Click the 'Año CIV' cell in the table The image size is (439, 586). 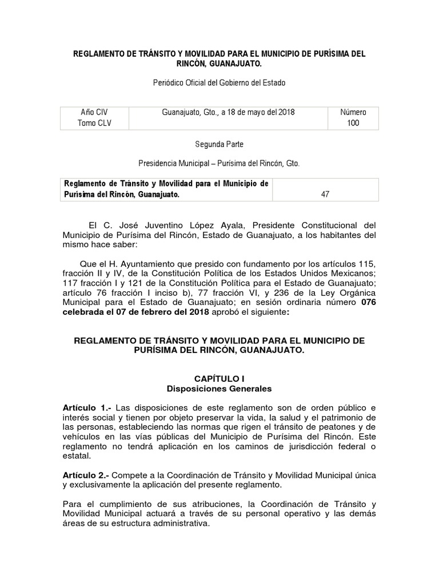[94, 112]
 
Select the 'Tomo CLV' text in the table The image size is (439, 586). [94, 123]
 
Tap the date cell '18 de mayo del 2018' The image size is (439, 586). [228, 112]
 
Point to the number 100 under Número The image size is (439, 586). [353, 123]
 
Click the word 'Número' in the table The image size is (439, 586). [353, 112]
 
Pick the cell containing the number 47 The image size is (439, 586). [325, 195]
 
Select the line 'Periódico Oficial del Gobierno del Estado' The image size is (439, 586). [219, 82]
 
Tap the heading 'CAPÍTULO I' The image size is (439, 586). [219, 378]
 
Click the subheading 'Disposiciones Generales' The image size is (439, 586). [219, 388]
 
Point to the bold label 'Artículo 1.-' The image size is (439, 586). [88, 407]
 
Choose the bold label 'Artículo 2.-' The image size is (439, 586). [88, 475]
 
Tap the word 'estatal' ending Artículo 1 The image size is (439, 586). [77, 456]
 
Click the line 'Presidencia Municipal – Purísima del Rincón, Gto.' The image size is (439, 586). [219, 164]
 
